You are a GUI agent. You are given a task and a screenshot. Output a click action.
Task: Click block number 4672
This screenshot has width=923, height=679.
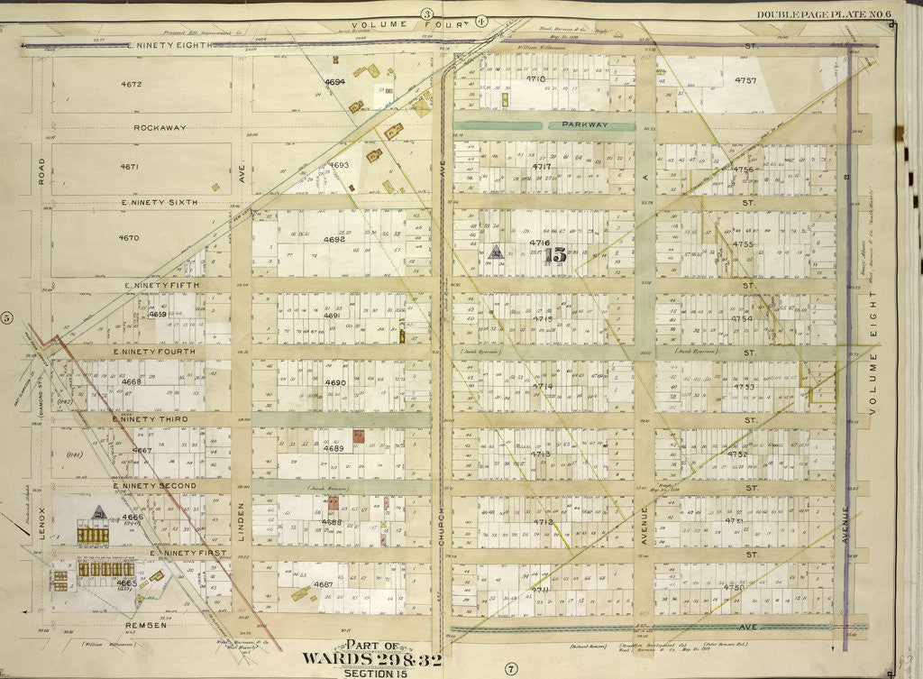coord(132,84)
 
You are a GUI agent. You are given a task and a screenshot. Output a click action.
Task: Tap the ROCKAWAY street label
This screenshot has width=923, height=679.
coord(160,127)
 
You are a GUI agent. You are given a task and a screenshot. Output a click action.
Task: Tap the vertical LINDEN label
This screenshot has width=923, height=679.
coord(242,526)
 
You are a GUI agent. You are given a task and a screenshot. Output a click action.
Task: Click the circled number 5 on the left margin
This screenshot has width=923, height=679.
coord(6,317)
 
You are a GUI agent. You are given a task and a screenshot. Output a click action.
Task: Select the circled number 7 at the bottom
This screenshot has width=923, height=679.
coord(510,668)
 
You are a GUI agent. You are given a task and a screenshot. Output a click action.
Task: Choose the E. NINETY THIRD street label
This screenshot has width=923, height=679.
coord(148,419)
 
